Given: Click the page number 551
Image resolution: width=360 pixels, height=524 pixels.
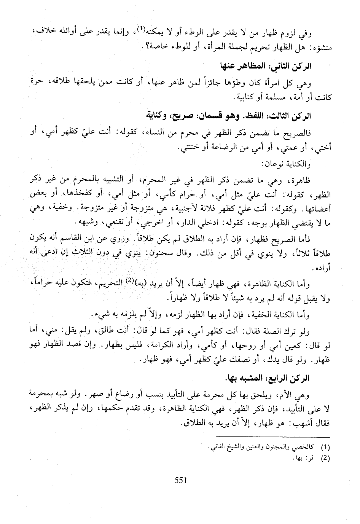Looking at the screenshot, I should point(180,480).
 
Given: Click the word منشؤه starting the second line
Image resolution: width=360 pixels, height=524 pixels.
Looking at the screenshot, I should point(320,47).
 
